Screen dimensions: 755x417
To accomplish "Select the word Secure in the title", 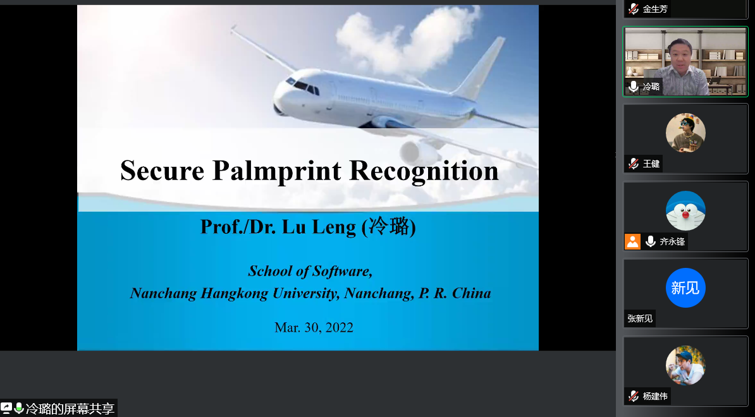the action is (x=163, y=171).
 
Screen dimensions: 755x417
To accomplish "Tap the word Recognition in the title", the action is (x=424, y=171).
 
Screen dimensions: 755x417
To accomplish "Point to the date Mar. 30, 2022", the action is (x=314, y=327).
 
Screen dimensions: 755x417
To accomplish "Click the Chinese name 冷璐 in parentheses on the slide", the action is (x=389, y=226).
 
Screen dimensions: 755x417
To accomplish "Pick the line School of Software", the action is (x=310, y=271).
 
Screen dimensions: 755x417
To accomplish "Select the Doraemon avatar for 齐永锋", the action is (x=685, y=210).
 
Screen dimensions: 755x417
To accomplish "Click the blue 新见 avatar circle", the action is (x=685, y=287).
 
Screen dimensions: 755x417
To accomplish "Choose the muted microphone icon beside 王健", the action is (x=634, y=164).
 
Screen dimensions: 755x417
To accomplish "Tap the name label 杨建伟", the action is (x=655, y=396).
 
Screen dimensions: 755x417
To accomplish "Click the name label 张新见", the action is (x=640, y=318).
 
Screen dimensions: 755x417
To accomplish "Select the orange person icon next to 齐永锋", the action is (x=633, y=241).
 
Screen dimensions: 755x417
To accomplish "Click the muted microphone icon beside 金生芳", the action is (x=634, y=9).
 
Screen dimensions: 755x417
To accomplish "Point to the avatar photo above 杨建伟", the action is (x=685, y=365).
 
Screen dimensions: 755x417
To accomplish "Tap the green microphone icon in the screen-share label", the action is (x=19, y=408).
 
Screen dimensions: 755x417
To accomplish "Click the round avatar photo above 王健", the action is (x=685, y=133).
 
